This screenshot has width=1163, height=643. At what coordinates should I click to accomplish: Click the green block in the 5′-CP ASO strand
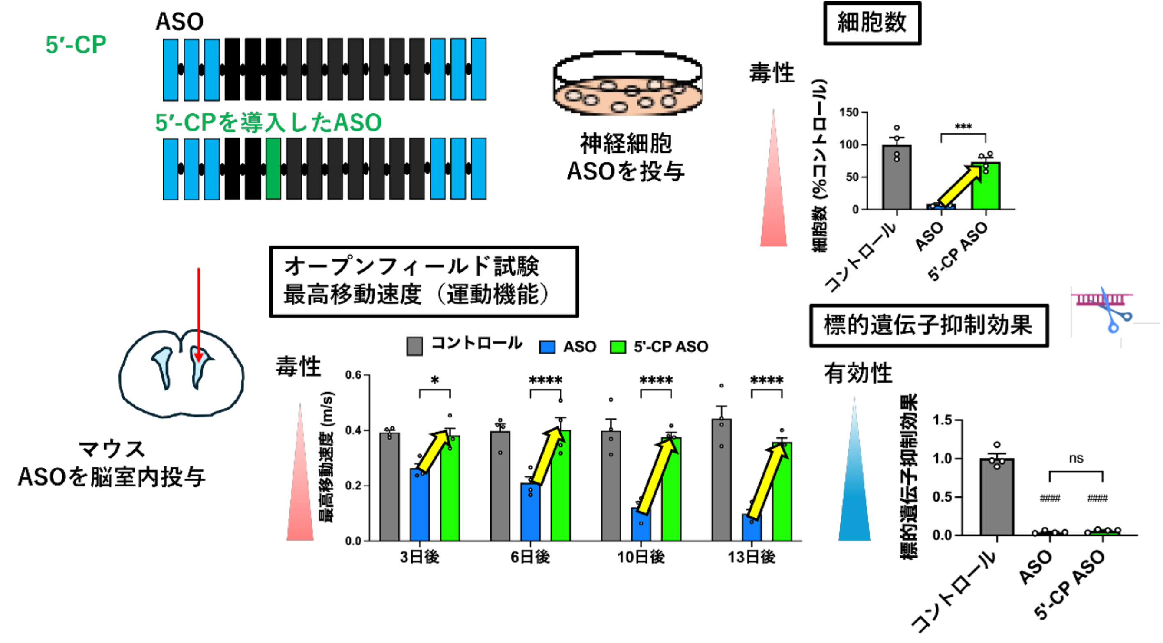click(273, 168)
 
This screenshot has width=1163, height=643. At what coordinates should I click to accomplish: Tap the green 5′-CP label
click(76, 45)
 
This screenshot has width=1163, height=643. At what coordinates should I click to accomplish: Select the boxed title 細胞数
click(872, 23)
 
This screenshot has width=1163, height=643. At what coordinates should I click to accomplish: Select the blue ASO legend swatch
click(547, 347)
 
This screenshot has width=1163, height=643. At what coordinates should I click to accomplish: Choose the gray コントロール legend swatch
click(414, 346)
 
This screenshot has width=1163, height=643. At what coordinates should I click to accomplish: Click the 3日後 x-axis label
click(420, 557)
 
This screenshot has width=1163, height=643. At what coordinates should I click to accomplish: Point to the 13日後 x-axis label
click(752, 557)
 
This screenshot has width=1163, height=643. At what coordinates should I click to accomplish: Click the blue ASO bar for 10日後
click(641, 525)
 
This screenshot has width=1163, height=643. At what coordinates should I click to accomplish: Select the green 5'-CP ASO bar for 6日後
click(561, 488)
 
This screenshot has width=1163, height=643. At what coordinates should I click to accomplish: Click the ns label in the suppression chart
click(1076, 458)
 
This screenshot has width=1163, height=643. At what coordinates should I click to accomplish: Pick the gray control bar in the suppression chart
click(997, 497)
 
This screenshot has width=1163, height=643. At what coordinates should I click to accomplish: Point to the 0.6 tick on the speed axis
click(353, 375)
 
